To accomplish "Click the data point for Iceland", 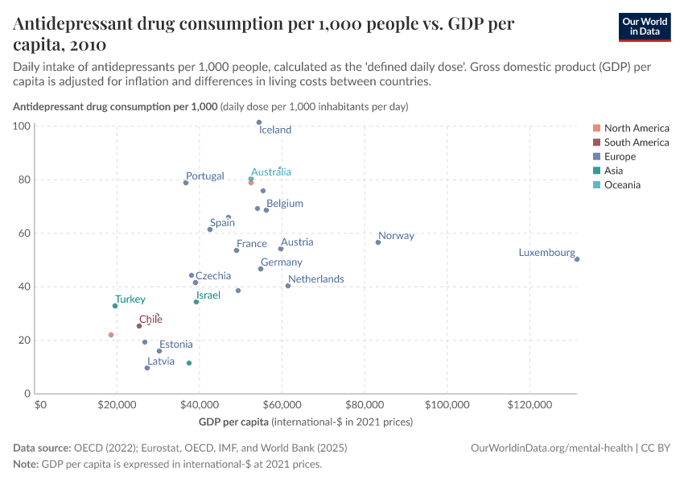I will (259, 122).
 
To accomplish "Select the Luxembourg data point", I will (577, 259).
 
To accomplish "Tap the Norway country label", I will (396, 236).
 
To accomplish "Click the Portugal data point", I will (186, 183).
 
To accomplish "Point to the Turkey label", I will (130, 299).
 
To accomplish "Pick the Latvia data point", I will (147, 368).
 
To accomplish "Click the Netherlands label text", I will (315, 279).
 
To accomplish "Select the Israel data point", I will (196, 302).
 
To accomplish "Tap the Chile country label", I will (150, 320).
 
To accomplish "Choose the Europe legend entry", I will (620, 157).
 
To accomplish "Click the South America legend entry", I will (636, 142).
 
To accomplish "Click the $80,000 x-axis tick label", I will (365, 404).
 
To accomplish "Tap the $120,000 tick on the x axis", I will (530, 404).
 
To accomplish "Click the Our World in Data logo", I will (645, 27).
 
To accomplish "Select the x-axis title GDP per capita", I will (233, 422).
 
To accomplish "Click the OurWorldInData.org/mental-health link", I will (552, 448).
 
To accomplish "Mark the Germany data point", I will (261, 269).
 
